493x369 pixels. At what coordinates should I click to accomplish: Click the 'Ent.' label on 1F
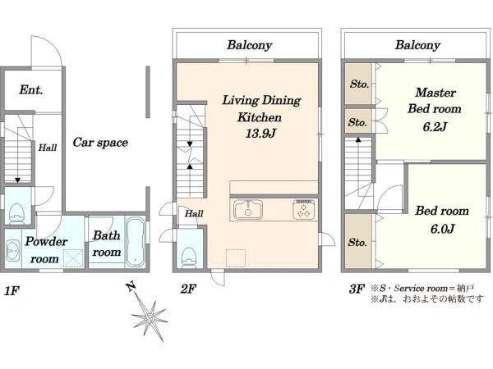pos(31,89)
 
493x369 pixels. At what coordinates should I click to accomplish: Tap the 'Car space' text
pos(100,143)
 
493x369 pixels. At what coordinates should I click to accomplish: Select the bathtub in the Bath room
pos(136,242)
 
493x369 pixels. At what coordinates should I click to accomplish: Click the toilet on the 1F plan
pos(16,214)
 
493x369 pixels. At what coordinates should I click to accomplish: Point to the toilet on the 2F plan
pos(189,257)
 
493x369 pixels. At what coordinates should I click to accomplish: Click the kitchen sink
pos(248,209)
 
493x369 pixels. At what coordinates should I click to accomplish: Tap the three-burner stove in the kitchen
pos(303,209)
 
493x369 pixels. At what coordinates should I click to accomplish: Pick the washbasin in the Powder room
pos(12,251)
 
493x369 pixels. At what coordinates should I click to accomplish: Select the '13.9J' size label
pos(260,134)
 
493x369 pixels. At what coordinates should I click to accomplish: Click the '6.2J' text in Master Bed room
pos(435,127)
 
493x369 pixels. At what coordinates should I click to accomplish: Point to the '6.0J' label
pos(442,229)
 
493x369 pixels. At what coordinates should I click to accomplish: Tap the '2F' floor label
pos(188,289)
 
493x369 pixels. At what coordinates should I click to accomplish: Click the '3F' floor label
pos(357,289)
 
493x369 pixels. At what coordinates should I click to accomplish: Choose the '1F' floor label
pos(12,291)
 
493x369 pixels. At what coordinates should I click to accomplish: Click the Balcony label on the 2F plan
pos(249,45)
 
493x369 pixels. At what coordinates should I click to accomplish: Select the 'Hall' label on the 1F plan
pos(48,148)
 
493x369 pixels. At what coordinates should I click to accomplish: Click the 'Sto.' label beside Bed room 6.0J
pos(357,242)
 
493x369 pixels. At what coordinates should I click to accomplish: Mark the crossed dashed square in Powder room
pos(74,258)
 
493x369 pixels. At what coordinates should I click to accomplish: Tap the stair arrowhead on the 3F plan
pos(358,139)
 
